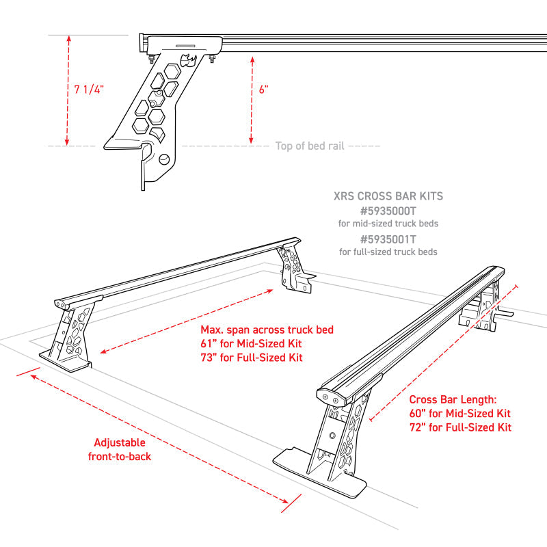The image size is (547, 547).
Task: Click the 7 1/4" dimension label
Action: coord(88,89)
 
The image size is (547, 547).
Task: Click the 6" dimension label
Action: coord(264,90)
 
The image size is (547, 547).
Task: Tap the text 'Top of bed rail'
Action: coord(309,146)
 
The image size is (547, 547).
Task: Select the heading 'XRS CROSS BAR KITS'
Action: coord(388,196)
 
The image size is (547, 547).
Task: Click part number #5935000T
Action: coord(388,211)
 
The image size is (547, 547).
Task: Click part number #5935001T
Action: coord(388,239)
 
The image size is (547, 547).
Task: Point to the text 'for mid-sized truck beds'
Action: coord(388,224)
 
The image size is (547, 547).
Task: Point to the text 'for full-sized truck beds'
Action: coord(388,252)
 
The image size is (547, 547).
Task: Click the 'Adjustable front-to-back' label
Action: coord(120,449)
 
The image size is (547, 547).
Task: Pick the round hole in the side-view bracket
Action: coord(165,159)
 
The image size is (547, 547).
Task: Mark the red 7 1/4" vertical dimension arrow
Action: coord(68,89)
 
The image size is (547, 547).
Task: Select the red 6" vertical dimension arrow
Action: coord(252,96)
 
